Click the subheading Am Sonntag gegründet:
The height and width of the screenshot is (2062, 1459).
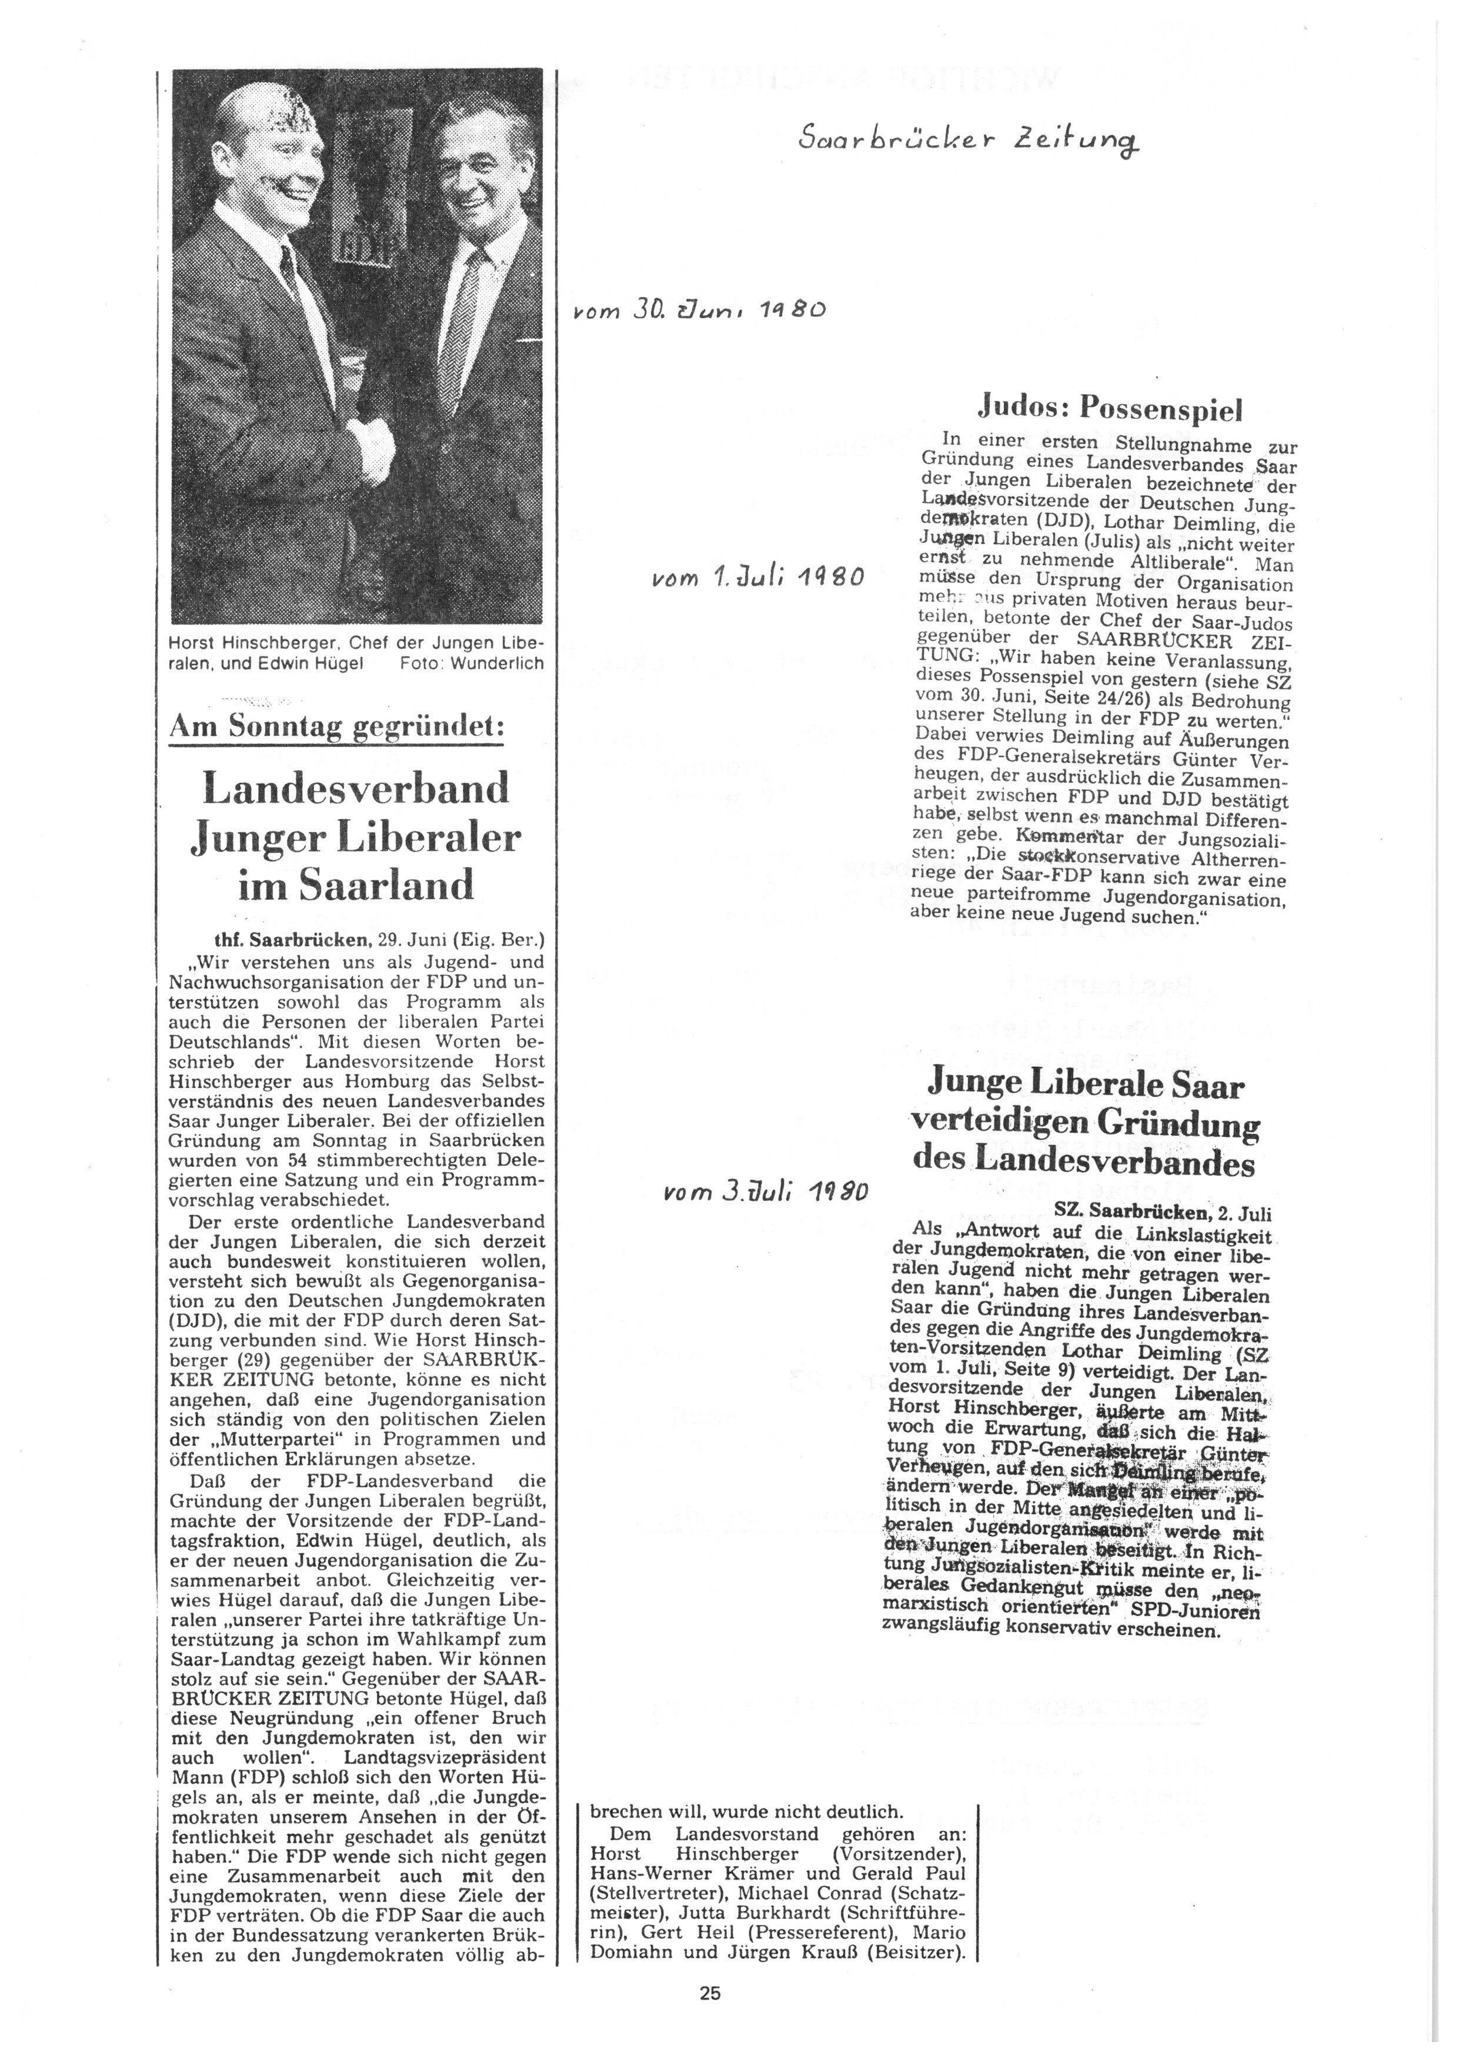[337, 727]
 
